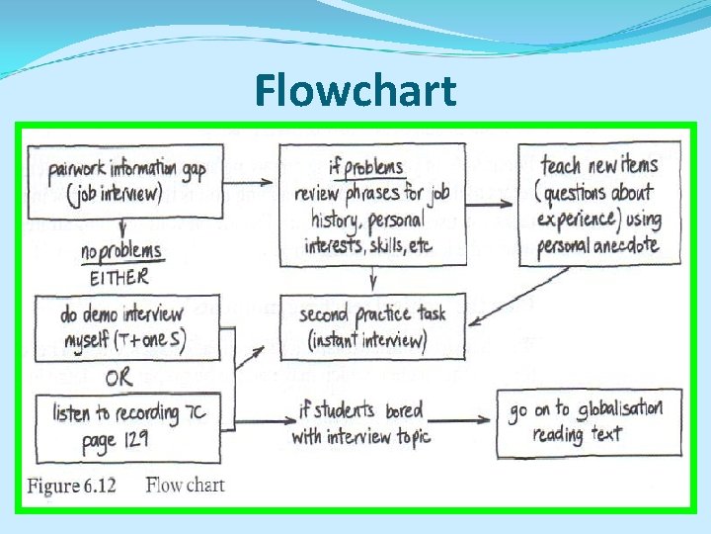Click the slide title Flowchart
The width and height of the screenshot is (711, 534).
click(x=355, y=92)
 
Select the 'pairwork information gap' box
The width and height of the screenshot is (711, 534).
click(x=125, y=179)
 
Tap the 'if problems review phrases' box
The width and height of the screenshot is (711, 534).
click(x=372, y=204)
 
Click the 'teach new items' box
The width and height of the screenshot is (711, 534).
click(x=599, y=204)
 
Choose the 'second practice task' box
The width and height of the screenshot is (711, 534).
click(x=372, y=327)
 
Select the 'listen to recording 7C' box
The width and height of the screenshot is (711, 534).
click(x=125, y=425)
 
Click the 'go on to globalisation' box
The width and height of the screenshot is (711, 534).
click(x=586, y=420)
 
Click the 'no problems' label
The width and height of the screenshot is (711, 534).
click(x=121, y=253)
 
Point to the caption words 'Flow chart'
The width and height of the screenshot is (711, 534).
click(x=185, y=486)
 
